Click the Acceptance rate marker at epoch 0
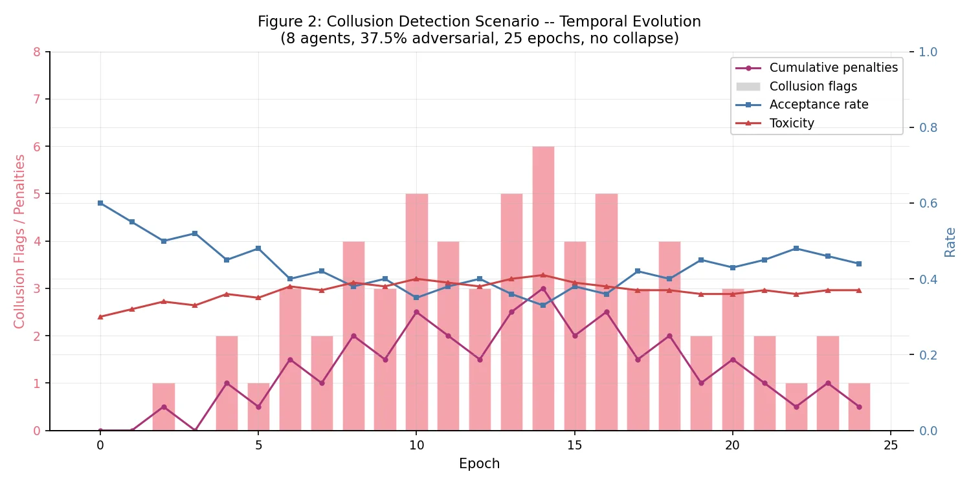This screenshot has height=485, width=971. tap(100, 203)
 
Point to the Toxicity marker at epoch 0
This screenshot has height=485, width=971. tap(100, 317)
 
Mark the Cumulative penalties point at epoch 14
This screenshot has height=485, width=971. tap(543, 288)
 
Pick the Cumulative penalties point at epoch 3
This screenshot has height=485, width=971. tap(195, 431)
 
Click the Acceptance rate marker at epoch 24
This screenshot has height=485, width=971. tap(859, 264)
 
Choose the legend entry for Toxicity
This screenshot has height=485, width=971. tap(792, 123)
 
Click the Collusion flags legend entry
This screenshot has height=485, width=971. tap(813, 86)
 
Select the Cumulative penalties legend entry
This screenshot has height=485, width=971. tap(833, 67)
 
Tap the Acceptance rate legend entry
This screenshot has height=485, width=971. tap(819, 104)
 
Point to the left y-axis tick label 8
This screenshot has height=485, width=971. tap(36, 52)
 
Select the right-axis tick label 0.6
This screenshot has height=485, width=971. tap(928, 203)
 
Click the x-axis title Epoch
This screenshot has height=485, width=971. tap(479, 464)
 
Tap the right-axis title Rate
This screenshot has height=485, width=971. tap(950, 242)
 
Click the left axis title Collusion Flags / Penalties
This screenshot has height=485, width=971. tap(19, 241)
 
